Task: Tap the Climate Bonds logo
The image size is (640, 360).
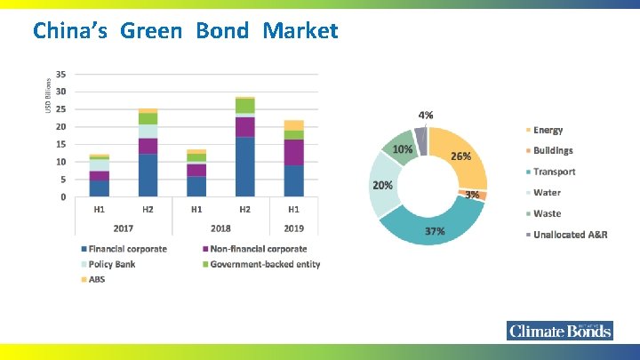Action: pos(560,331)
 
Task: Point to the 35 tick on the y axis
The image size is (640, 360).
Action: pos(60,74)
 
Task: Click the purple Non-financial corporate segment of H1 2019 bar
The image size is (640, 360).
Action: pos(293,152)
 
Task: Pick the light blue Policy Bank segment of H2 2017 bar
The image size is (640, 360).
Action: pos(147,131)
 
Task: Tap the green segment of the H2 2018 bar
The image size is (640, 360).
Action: pos(244,106)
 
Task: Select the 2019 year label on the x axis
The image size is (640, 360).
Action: pos(293,228)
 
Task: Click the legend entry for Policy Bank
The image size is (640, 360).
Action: pos(111,264)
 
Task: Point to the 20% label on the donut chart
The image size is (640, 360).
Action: pos(383,185)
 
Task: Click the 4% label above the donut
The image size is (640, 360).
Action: pos(427,116)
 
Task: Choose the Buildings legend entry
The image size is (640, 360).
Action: pos(552,151)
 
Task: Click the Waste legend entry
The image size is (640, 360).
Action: pos(547,213)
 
